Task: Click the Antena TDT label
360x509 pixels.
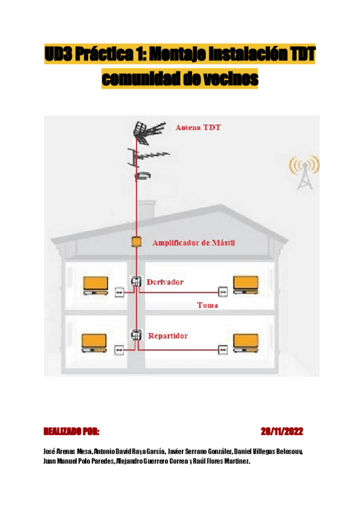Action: (198, 128)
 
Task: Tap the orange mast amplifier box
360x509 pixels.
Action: (136, 242)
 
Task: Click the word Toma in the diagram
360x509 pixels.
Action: (207, 306)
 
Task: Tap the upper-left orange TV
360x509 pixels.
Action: (95, 285)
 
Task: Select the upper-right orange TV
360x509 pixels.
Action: (245, 285)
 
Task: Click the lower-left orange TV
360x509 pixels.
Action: (95, 342)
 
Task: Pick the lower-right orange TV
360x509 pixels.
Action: (245, 342)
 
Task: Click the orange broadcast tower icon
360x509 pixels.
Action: (304, 171)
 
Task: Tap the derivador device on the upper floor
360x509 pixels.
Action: (136, 282)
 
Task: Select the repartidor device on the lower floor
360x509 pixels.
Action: (136, 336)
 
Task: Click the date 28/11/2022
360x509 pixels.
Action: (281, 432)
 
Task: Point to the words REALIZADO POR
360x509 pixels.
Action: (71, 432)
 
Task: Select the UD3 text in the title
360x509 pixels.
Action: (58, 55)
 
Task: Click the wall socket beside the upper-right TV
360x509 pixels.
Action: (223, 292)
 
